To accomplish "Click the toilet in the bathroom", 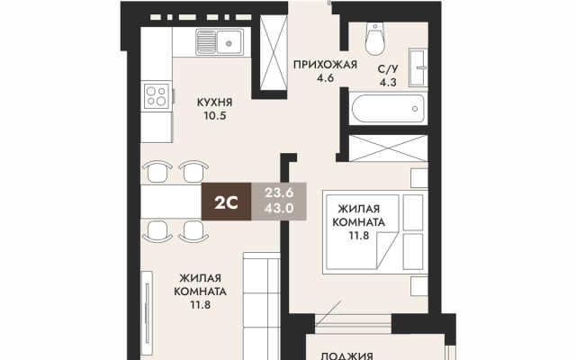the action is (x=375, y=39).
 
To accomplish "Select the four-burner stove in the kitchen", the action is (x=156, y=96).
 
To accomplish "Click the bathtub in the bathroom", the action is (x=388, y=109).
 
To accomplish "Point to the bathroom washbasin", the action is (x=418, y=67).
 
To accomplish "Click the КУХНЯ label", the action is (x=214, y=102).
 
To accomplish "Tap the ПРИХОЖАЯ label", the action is (x=325, y=65).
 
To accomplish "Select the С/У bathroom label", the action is (x=388, y=69).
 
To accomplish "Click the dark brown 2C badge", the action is (x=226, y=202).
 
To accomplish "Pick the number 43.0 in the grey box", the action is (x=279, y=208).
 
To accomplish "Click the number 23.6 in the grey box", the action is (x=279, y=193).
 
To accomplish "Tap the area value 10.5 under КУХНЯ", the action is (x=215, y=116).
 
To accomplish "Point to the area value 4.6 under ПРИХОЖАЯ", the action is (x=325, y=78).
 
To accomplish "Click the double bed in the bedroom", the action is (x=375, y=232).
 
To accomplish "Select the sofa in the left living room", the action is (x=262, y=306).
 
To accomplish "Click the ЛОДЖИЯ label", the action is (x=346, y=356).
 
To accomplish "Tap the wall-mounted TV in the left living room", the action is (x=148, y=315).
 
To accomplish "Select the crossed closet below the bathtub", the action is (x=388, y=148).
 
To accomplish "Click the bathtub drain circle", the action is (x=415, y=109).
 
